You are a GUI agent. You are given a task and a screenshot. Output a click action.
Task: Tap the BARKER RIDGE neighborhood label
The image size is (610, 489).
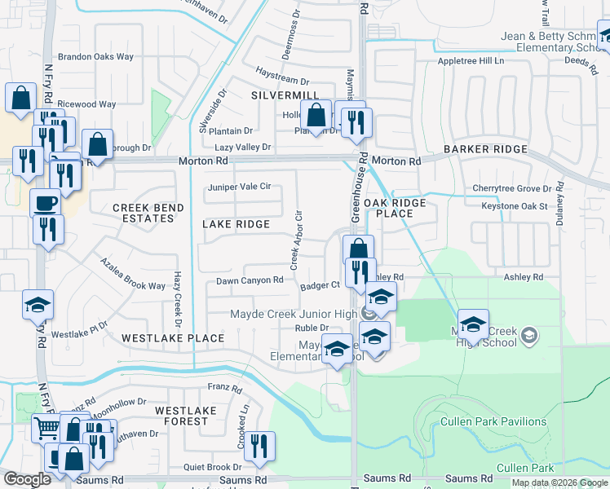485,150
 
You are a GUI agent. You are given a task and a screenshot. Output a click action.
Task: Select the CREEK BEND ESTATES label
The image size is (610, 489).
148,214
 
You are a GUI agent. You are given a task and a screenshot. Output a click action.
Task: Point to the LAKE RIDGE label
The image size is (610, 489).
236,224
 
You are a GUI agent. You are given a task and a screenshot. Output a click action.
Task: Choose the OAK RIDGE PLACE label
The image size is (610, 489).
388,208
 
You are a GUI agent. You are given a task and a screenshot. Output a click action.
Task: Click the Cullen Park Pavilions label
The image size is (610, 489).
493,421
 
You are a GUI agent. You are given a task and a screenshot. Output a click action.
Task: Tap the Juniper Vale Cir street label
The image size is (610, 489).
239,187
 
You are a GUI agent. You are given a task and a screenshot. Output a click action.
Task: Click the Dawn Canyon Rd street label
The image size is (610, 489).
250,280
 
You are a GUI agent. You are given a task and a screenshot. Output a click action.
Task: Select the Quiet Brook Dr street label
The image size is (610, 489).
213,467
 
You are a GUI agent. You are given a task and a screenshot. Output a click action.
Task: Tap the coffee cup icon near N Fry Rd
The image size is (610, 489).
45,203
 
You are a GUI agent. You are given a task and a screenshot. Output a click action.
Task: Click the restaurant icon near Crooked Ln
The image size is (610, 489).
259,445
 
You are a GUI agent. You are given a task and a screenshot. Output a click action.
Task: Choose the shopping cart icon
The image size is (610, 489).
46,427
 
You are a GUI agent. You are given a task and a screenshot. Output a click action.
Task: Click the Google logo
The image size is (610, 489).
27,480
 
